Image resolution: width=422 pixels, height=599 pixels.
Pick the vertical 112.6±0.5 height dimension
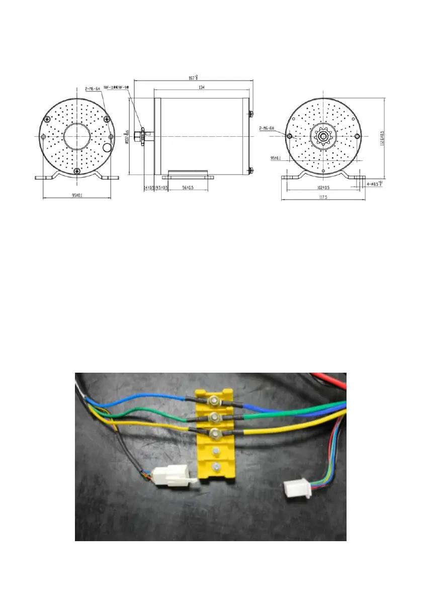383,136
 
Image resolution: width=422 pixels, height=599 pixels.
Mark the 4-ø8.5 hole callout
375,184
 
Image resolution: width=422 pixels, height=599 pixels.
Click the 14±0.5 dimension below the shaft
148,188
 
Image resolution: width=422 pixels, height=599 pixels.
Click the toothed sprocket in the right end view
322,136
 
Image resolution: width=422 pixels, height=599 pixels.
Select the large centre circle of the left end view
77,136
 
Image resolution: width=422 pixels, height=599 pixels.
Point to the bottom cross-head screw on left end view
76,171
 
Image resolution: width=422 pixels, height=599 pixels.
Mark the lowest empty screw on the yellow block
215,465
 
